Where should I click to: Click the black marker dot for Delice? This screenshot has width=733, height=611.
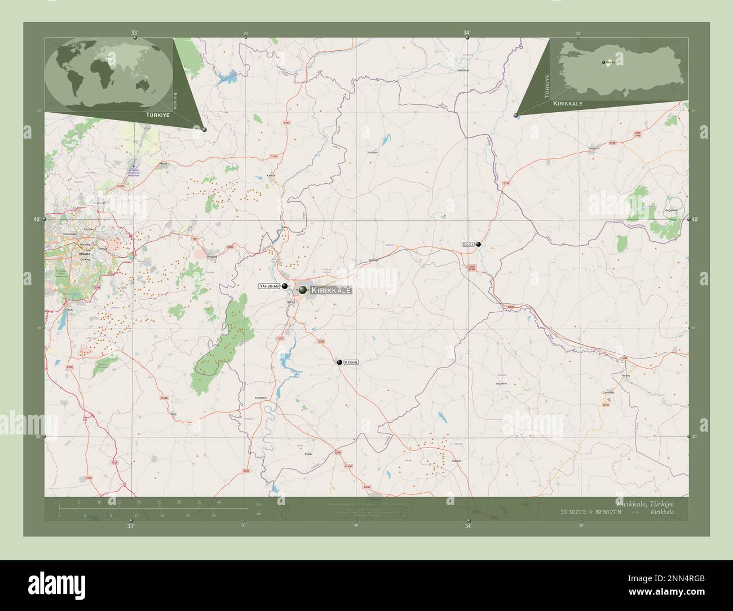point(479,244)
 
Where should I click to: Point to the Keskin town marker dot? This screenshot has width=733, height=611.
point(339,362)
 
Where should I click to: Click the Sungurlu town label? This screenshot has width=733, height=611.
point(594,149)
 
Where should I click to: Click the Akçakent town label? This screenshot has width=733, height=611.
point(501,383)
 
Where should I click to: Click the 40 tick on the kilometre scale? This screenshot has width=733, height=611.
point(218,502)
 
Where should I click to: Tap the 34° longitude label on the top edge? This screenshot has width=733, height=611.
point(467,33)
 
